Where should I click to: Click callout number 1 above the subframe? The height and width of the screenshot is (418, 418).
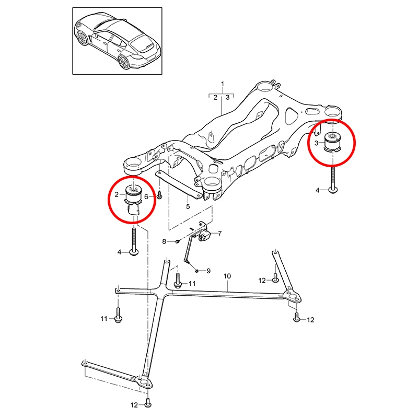point(223,84)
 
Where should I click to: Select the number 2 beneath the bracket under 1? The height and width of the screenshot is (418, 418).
point(215,98)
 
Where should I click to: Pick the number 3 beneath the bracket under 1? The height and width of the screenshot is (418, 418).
point(227,98)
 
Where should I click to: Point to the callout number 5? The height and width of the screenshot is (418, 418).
point(188,206)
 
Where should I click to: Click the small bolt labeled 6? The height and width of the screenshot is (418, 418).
point(159,195)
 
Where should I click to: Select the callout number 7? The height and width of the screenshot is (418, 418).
point(219,234)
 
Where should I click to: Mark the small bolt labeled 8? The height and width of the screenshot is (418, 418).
point(177,241)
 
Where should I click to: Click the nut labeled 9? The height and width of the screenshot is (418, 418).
point(196,271)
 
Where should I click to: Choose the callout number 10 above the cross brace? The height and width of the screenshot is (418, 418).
point(227,276)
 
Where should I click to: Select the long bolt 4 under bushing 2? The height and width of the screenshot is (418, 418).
point(134,241)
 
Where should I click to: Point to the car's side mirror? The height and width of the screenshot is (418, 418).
point(96,35)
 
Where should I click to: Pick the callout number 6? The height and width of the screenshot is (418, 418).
point(146,197)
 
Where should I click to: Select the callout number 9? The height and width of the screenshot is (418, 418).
point(208,271)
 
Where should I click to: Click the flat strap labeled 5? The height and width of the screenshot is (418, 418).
point(179,184)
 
